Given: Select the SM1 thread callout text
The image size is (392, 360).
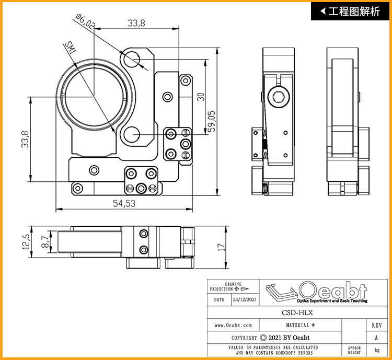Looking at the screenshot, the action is pos(71,48).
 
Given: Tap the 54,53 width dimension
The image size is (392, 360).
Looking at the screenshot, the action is pos(124,203).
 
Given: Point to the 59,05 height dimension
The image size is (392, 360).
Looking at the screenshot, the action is pos(212,121).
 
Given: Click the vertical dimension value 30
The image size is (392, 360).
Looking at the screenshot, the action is pos(201,97).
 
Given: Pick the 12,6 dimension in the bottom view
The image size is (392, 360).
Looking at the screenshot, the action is pos(26,241).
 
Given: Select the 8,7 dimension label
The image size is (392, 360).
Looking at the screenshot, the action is pos(45,242).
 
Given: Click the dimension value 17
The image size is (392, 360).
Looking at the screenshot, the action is pos(221,247).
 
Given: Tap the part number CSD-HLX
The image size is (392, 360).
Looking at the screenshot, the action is pos(297,313).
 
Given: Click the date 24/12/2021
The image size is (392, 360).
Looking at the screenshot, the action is pos(245,299).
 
